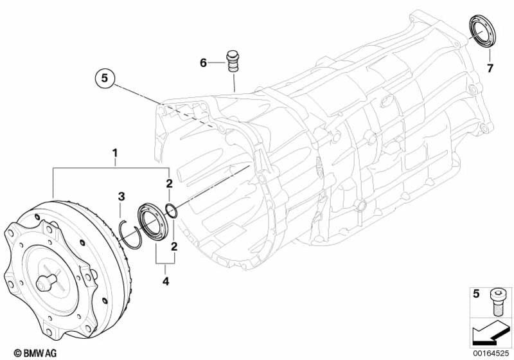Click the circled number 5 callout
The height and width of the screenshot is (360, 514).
click(104, 78)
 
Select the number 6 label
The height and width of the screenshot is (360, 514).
click(203, 62)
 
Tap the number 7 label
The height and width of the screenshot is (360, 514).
click(490, 68)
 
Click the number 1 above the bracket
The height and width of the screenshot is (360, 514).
click(115, 153)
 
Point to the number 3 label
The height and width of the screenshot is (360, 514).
click(121, 197)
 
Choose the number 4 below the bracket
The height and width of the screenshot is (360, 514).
click(166, 281)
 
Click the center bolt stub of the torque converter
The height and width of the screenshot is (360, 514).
click(46, 282)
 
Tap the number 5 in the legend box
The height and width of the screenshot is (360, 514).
click(476, 294)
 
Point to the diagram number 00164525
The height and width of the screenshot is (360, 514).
click(491, 353)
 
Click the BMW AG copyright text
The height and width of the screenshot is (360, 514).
click(35, 353)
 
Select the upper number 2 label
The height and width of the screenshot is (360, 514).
click(169, 184)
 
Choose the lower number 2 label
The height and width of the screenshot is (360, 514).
click(174, 246)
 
